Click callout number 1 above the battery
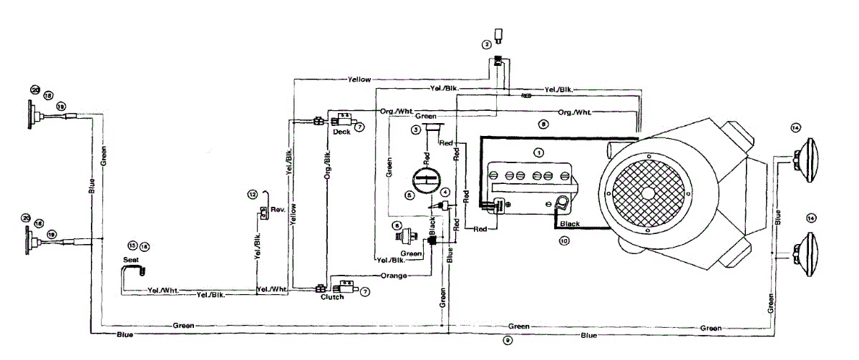click(x=539, y=152)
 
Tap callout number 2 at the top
click(x=487, y=44)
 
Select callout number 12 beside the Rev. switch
click(x=252, y=195)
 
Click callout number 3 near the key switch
click(x=414, y=130)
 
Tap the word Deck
click(x=341, y=132)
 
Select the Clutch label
click(x=331, y=297)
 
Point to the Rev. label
click(x=278, y=210)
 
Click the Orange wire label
click(x=394, y=276)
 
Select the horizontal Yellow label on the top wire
click(x=359, y=79)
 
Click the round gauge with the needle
click(x=422, y=179)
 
